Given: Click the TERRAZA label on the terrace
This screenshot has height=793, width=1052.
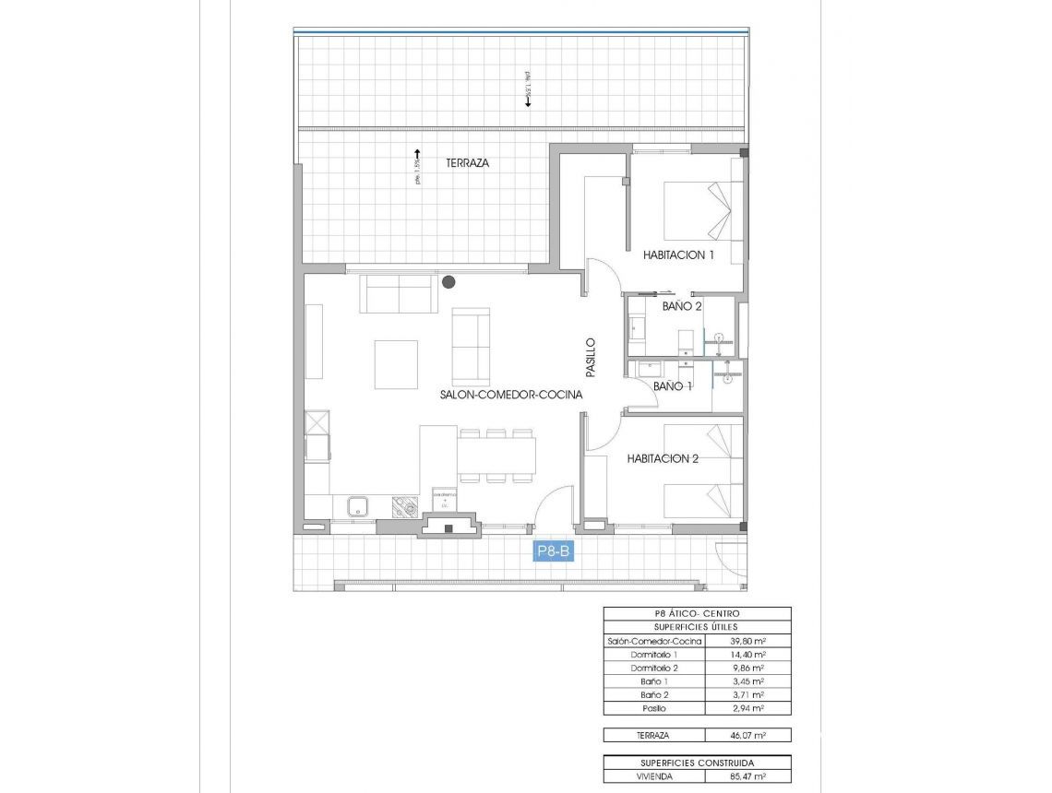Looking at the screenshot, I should click(x=467, y=162).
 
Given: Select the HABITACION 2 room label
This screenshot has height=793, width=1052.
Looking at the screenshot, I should click(x=663, y=458).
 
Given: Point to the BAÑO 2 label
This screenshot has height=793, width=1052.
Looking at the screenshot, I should click(x=683, y=305).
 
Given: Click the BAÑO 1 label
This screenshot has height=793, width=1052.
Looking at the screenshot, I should click(x=673, y=386).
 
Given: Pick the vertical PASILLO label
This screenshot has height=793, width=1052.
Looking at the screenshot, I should click(x=591, y=357).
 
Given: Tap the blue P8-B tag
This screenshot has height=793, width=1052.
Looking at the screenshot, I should click(x=555, y=551).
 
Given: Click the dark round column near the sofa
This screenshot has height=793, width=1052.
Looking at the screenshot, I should click(x=448, y=282).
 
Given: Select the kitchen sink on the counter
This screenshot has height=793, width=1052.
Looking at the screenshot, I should click(x=357, y=506).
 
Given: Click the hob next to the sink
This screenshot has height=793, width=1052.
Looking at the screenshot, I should click(x=404, y=506).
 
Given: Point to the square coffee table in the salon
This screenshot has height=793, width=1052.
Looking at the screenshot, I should click(x=396, y=364).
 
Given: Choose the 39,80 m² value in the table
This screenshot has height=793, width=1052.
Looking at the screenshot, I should click(x=747, y=641).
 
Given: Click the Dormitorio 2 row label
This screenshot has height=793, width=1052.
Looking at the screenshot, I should click(x=654, y=668).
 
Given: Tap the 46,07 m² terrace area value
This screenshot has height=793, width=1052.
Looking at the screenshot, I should click(x=747, y=736).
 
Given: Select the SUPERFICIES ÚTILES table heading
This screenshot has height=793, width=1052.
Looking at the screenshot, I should click(x=697, y=627).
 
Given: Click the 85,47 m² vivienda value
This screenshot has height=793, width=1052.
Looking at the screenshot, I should click(x=747, y=776).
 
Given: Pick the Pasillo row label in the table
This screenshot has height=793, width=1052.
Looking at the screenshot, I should click(x=654, y=708).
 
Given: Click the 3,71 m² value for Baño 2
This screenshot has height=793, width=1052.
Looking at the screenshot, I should click(x=747, y=695).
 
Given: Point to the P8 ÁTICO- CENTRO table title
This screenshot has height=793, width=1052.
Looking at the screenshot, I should click(x=697, y=613).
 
